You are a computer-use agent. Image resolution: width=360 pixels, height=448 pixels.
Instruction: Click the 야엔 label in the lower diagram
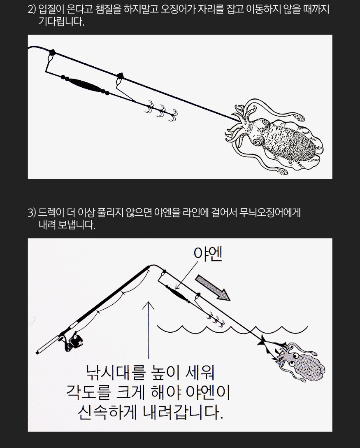click(x=207, y=254)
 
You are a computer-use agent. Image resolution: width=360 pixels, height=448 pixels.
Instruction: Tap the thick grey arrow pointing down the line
click(x=213, y=288)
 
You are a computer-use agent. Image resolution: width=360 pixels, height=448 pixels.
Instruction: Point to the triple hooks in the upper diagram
click(x=161, y=111)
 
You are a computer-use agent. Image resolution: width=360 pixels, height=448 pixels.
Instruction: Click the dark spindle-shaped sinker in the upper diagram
click(x=85, y=85)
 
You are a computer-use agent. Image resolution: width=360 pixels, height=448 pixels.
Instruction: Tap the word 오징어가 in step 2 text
click(x=178, y=10)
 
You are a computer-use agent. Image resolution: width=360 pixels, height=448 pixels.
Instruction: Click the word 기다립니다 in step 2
click(x=62, y=22)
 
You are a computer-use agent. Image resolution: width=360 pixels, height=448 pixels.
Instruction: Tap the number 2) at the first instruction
click(x=32, y=10)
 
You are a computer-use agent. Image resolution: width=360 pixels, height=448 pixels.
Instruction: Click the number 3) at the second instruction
click(x=32, y=213)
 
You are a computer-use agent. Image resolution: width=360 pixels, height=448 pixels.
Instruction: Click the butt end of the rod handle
click(x=37, y=352)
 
